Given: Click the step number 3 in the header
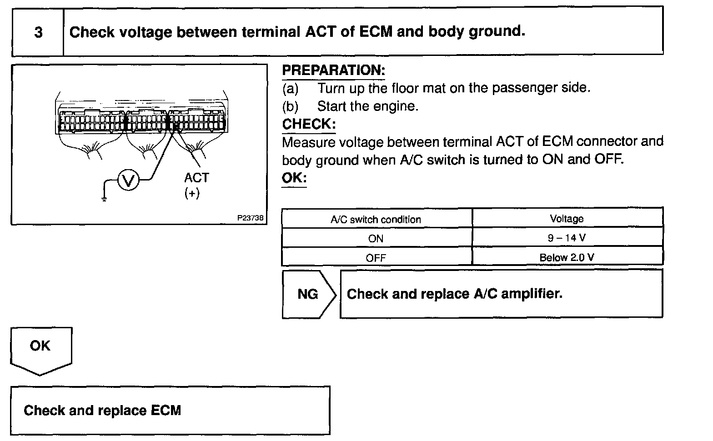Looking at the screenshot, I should pyautogui.click(x=39, y=32).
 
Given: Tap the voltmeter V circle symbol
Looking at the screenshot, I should pyautogui.click(x=128, y=181).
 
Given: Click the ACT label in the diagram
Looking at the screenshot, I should pyautogui.click(x=196, y=178).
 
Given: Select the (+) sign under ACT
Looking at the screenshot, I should pyautogui.click(x=192, y=193).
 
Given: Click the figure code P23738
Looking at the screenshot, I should pyautogui.click(x=250, y=218).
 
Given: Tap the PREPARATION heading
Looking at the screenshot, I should pyautogui.click(x=333, y=70).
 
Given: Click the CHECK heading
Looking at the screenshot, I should pyautogui.click(x=309, y=124).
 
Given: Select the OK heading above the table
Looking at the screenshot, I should pyautogui.click(x=294, y=178).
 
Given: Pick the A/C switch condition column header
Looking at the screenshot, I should pyautogui.click(x=376, y=220).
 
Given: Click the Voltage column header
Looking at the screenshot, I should pyautogui.click(x=567, y=219).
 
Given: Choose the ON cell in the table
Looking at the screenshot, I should pyautogui.click(x=376, y=239).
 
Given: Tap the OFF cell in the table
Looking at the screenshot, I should pyautogui.click(x=376, y=258).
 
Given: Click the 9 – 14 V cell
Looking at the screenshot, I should pyautogui.click(x=567, y=238).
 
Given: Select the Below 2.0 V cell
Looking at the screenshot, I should pyautogui.click(x=567, y=257).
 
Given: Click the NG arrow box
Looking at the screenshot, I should pyautogui.click(x=308, y=294).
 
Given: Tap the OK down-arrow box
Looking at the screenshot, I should pyautogui.click(x=40, y=348).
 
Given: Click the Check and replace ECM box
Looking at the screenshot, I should pyautogui.click(x=170, y=411).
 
